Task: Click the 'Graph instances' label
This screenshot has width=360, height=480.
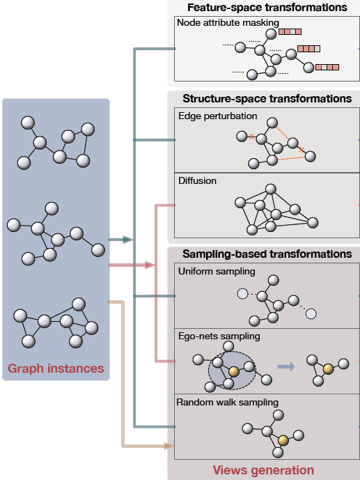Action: click(x=56, y=368)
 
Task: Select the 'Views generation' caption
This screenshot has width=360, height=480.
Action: click(x=263, y=470)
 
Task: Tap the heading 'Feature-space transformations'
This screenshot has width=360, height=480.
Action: click(x=267, y=8)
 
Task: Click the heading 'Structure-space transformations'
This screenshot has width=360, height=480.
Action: click(x=267, y=99)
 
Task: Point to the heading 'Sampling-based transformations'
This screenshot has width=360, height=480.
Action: click(x=267, y=254)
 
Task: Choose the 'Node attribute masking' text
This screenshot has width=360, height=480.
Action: click(x=219, y=22)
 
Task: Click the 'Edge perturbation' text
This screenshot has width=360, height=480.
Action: click(x=218, y=116)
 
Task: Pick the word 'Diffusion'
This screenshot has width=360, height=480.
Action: click(x=197, y=181)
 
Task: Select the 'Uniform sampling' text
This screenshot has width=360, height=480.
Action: click(x=217, y=271)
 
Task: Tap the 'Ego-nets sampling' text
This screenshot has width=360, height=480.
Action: click(x=218, y=336)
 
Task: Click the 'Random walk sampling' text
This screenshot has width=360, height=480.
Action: click(x=227, y=402)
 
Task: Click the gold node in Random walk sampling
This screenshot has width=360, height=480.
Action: click(x=283, y=441)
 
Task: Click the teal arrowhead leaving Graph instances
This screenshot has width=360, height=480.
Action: click(x=127, y=240)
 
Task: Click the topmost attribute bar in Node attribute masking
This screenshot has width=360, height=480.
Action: click(x=290, y=31)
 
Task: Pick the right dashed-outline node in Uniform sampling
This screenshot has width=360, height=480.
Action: click(x=311, y=313)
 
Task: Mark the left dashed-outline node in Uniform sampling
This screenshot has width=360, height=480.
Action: click(x=242, y=293)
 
